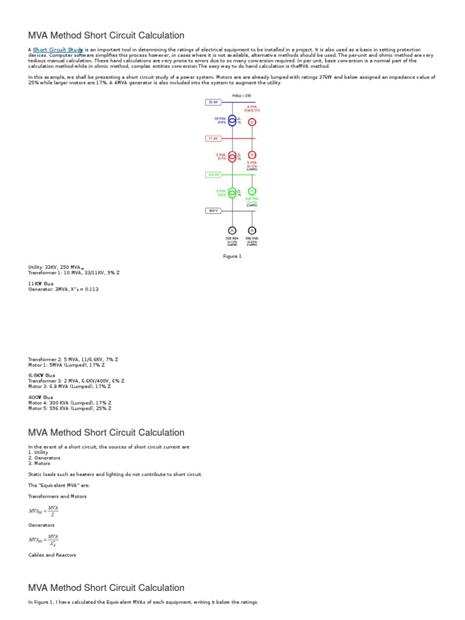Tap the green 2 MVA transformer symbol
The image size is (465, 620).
(231, 193)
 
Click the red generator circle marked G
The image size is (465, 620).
(252, 122)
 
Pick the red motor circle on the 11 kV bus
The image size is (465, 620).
(252, 155)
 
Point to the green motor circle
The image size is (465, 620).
(252, 191)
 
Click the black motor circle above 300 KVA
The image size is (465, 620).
(231, 231)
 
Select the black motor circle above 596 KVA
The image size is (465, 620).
(252, 231)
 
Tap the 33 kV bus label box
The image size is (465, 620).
(213, 103)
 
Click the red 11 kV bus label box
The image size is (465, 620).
(213, 139)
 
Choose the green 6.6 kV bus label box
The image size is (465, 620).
(213, 174)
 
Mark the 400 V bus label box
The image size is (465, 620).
(213, 211)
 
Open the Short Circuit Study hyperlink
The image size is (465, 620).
(58, 49)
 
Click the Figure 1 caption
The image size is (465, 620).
(232, 256)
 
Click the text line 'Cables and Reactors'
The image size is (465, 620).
(52, 555)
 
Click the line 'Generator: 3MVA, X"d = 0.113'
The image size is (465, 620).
(63, 289)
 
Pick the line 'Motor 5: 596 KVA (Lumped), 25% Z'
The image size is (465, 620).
(70, 408)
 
